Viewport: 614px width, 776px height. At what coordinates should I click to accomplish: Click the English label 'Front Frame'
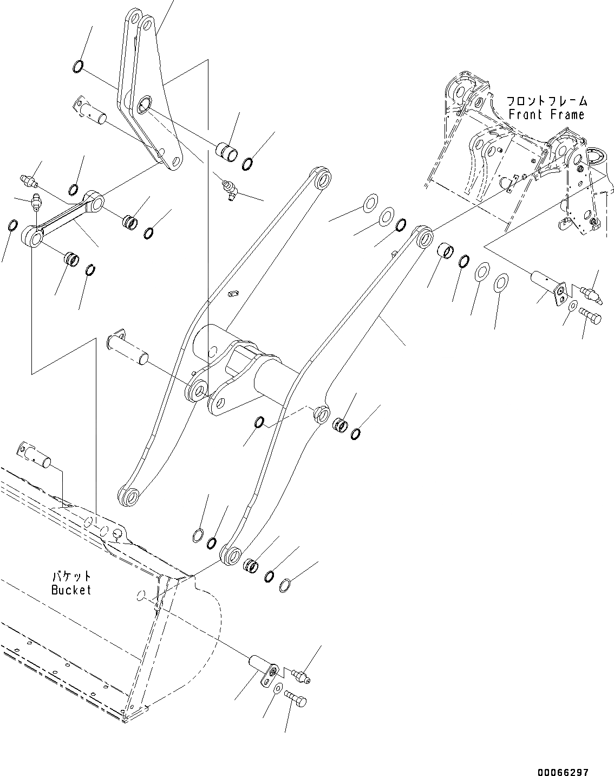[546, 114]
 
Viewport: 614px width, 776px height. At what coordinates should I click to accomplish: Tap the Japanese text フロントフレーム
[546, 101]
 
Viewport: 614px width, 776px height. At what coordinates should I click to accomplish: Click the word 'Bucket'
[71, 590]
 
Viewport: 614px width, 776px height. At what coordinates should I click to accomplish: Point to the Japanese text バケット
[71, 577]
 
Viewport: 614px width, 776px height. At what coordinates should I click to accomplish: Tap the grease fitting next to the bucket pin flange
[299, 675]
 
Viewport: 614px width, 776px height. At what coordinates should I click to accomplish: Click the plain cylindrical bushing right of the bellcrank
[226, 152]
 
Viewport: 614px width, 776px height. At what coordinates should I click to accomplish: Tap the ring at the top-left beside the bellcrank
[78, 67]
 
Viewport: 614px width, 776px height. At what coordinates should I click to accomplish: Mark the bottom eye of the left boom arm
[128, 496]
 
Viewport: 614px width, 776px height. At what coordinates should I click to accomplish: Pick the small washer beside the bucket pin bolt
[277, 689]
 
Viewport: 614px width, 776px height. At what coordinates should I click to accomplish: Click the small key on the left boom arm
[234, 293]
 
